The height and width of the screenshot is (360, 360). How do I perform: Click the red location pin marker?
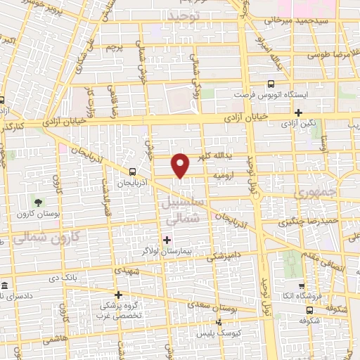181,165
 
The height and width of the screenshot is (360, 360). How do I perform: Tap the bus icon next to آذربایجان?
133,171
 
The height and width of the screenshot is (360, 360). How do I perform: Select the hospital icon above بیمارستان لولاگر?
167,240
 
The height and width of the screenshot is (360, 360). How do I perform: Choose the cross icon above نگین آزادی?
299,112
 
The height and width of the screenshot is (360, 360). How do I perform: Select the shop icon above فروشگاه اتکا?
301,286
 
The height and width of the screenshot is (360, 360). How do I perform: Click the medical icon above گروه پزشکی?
118,295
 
